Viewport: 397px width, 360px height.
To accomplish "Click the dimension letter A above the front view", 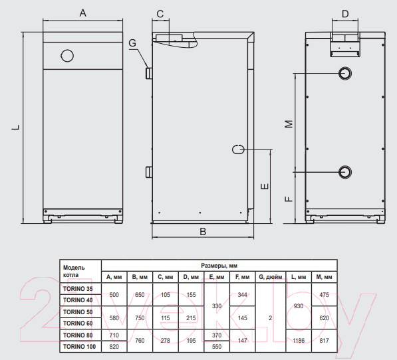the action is pos(83,13).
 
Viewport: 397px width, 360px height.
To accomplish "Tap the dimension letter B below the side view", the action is pos(203,232).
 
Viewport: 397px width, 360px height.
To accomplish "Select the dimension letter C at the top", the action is pos(160,14).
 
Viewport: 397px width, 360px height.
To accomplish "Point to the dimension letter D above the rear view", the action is pos(345,14).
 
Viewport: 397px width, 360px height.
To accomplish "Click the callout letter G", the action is pos(132,43).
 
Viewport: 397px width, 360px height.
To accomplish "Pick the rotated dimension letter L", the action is pos(16,127).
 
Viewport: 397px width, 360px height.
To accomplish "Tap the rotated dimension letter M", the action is pos(289,124).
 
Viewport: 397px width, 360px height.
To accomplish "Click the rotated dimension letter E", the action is pos(265,187).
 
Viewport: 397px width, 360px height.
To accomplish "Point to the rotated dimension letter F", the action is pos(289,199).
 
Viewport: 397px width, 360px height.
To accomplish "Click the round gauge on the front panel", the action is pos(67,56).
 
